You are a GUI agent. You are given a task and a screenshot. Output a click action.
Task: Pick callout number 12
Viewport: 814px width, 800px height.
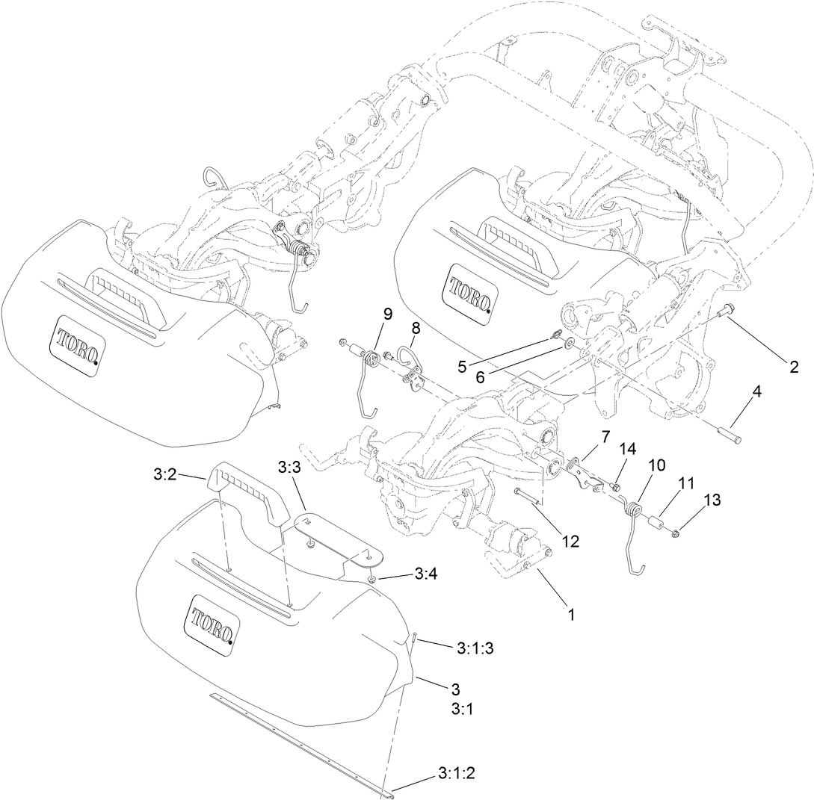(x=570, y=541)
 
